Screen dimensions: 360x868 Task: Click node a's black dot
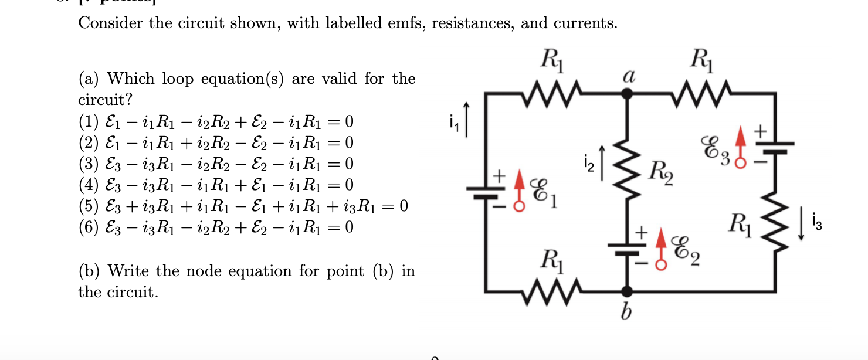click(x=627, y=92)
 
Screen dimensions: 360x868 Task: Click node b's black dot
click(x=627, y=291)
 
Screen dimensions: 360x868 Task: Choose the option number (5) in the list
click(x=89, y=206)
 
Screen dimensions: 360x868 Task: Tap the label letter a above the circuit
click(x=628, y=75)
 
